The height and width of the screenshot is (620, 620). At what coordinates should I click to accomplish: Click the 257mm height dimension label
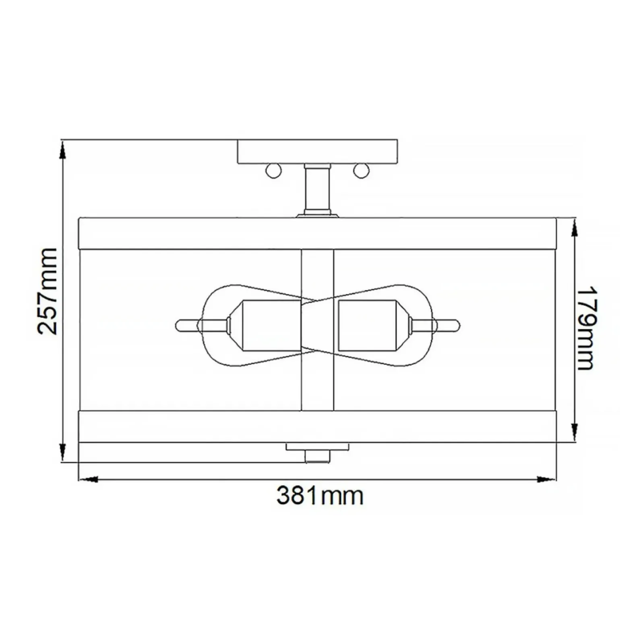coord(47,291)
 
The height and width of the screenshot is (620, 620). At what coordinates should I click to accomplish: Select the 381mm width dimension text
coord(320,496)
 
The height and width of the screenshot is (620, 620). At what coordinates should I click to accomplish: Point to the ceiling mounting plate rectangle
coord(317,152)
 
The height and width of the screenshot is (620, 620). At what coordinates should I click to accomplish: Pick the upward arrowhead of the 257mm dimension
coord(62,149)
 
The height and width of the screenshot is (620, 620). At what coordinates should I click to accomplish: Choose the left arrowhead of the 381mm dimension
coord(88,479)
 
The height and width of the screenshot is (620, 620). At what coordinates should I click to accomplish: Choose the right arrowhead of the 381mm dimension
coord(546,479)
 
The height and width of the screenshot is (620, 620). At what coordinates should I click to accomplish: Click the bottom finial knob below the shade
coord(318,456)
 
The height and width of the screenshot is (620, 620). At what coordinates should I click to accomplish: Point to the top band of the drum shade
coord(317,234)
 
